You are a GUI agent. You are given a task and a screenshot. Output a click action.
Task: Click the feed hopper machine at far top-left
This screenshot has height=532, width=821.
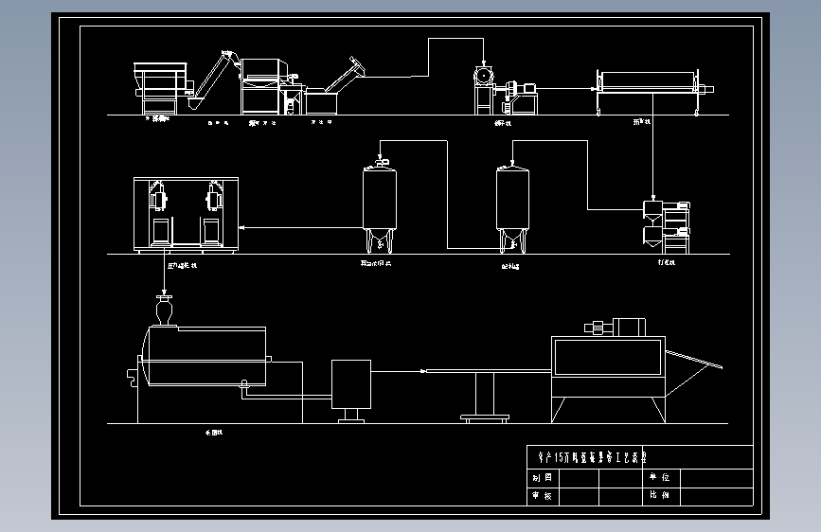pos(162,82)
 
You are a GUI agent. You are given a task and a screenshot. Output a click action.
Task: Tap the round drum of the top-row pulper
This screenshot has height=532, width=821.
pos(483,75)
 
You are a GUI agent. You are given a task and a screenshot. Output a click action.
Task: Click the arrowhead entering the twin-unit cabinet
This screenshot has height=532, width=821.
pos(242,228)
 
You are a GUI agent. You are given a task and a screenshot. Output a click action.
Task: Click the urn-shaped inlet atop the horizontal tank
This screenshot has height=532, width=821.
pos(165,310)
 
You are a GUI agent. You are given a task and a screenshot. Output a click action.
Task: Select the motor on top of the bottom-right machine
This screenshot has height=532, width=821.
pos(616,328)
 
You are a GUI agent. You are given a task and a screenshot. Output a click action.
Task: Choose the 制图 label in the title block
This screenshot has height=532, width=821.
pos(542,478)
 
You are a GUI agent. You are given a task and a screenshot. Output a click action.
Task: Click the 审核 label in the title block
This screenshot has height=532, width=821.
pos(542,495)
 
